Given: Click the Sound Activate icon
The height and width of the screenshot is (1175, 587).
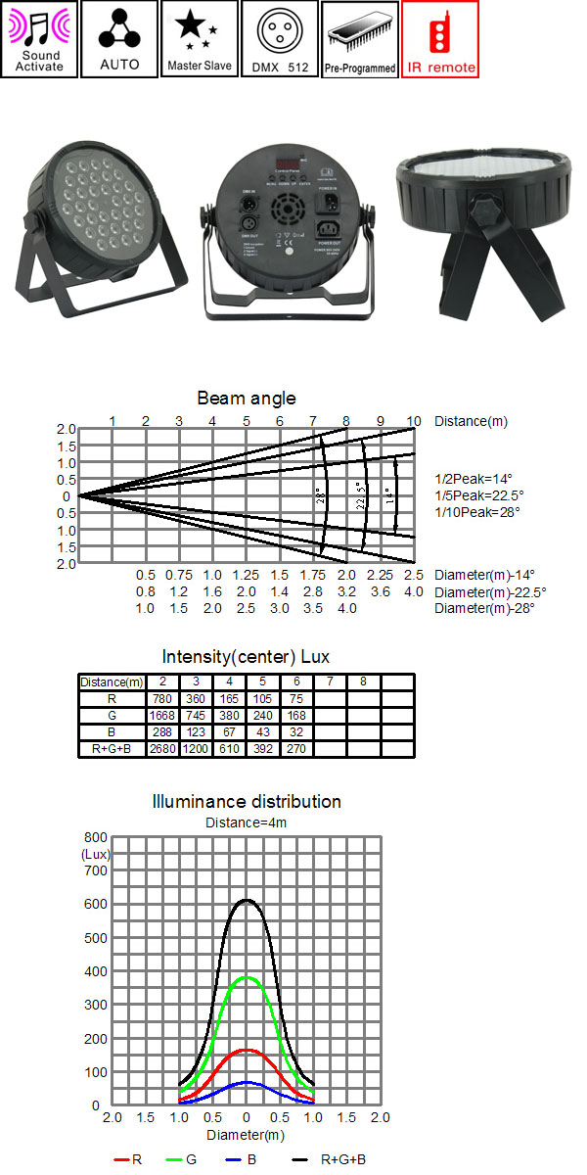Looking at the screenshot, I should [x=39, y=39].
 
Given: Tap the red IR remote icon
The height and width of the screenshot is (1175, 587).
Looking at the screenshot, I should [x=439, y=39].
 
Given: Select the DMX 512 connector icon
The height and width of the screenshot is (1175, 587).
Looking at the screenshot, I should [x=279, y=39].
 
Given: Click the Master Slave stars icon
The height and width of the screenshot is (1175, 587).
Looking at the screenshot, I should [x=199, y=39].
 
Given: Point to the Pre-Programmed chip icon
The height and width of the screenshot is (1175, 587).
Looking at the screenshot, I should [x=359, y=39].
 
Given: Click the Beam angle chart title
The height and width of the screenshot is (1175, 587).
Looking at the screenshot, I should [x=247, y=399].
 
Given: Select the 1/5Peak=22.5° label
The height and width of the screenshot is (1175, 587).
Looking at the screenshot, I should [x=479, y=495].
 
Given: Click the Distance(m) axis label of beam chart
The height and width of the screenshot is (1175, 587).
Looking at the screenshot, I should [x=472, y=422].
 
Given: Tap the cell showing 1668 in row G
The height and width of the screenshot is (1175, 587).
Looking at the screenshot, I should [x=161, y=716].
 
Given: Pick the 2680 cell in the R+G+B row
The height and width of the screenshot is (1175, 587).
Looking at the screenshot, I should [x=161, y=749].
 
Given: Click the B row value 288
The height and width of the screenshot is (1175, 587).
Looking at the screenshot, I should [x=161, y=732].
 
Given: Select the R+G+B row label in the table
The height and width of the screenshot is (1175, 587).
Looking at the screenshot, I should [x=112, y=749].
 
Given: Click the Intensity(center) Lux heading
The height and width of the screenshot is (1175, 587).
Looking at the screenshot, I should [x=247, y=656].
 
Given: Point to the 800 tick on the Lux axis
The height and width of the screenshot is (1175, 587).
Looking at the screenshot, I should [x=95, y=838].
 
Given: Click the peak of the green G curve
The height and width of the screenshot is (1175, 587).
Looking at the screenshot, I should [x=248, y=977].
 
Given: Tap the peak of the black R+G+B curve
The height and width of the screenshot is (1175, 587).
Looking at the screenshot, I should [x=248, y=900].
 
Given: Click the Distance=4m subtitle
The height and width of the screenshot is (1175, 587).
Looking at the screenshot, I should [x=247, y=822].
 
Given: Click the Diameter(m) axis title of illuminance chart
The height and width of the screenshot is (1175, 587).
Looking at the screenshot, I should [x=247, y=1135].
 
